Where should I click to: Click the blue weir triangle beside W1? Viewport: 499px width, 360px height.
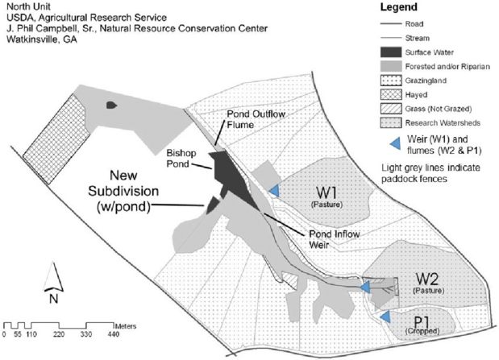(274, 190)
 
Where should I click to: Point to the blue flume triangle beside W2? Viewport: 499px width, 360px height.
(365, 286)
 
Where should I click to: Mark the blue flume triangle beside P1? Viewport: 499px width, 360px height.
(385, 315)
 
